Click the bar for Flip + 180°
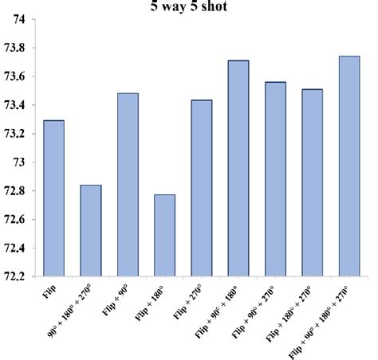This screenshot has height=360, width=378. click(164, 236)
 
